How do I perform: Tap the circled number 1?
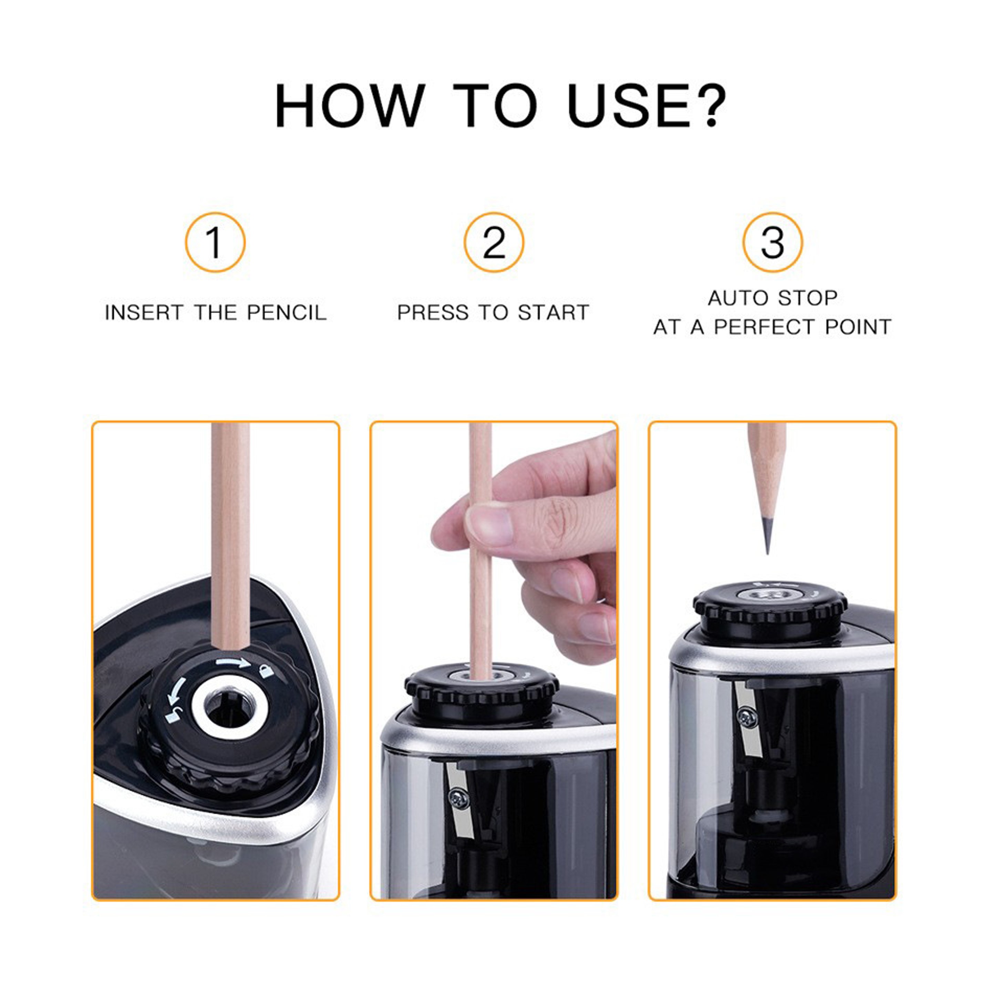[215, 242]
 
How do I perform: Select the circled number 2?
[494, 242]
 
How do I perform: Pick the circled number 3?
[772, 242]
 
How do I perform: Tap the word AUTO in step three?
[736, 298]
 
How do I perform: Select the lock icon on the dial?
[266, 671]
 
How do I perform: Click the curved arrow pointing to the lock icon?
[232, 663]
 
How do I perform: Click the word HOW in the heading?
[350, 106]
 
